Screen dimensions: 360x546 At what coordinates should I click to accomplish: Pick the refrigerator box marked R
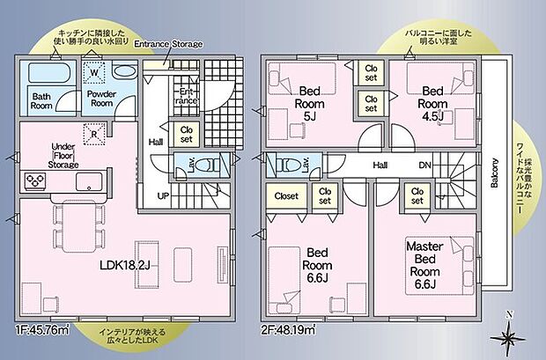[95, 133]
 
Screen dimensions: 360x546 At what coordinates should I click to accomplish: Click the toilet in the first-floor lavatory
[206, 165]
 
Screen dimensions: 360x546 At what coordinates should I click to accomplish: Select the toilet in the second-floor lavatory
[286, 165]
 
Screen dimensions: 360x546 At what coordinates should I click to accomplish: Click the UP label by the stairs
[164, 195]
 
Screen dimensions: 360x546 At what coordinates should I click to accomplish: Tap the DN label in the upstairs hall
[424, 165]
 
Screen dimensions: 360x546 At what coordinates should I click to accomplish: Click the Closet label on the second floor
[286, 196]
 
